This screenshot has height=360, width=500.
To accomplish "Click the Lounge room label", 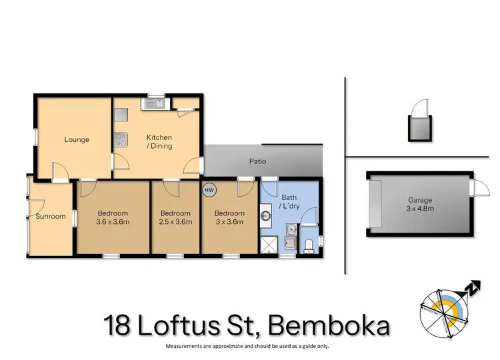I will tap(77, 139).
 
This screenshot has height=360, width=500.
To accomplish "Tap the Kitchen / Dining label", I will tap(159, 141).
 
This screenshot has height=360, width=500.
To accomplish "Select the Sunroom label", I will tap(51, 217).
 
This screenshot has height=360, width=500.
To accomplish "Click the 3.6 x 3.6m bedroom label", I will tap(111, 217).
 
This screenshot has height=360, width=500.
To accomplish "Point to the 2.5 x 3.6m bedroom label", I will tap(175, 217).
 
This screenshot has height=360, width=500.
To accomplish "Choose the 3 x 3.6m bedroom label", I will tap(229, 217).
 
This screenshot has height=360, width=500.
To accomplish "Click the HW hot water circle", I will tap(210, 190).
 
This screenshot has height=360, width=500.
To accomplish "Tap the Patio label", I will tap(258, 161).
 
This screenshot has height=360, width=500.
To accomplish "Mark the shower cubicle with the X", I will tap(268, 246).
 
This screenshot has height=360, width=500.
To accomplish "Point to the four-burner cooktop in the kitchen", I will tap(121, 139).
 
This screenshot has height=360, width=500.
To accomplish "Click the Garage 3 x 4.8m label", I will tap(420, 204).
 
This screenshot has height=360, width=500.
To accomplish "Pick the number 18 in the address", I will tap(119, 327).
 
